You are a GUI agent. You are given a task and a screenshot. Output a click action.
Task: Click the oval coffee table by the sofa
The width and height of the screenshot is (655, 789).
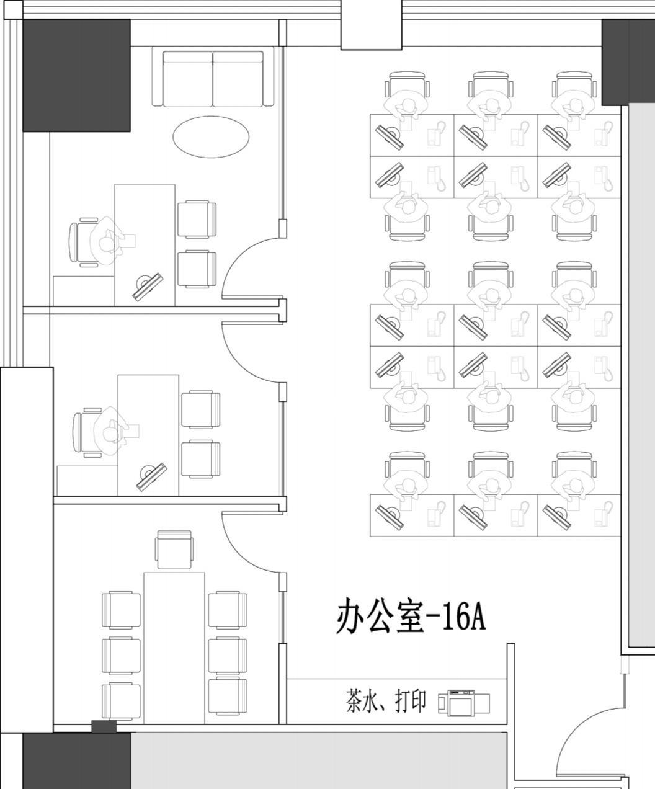pos(211,137)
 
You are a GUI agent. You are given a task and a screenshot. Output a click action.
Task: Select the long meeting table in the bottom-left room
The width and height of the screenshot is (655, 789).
pos(174,648)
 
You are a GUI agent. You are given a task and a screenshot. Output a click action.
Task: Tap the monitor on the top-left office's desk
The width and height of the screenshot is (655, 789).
pos(148,287)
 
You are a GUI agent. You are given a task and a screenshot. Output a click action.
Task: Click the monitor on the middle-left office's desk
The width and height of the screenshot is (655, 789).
pos(151,476)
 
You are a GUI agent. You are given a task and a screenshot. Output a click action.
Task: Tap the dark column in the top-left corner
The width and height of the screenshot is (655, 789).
pos(77,76)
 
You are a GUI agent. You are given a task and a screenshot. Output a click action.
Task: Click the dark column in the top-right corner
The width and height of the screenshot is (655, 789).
pos(628,63)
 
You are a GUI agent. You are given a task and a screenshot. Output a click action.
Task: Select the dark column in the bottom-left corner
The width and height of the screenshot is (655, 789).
pos(77,761)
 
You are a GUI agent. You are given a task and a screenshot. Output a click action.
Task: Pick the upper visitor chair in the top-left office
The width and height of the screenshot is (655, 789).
pos(197,220)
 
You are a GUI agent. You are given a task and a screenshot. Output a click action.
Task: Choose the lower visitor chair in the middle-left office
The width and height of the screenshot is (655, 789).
pos(201,459)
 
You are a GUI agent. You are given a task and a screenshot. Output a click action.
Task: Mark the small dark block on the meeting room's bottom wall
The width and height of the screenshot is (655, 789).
pos(104,726)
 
